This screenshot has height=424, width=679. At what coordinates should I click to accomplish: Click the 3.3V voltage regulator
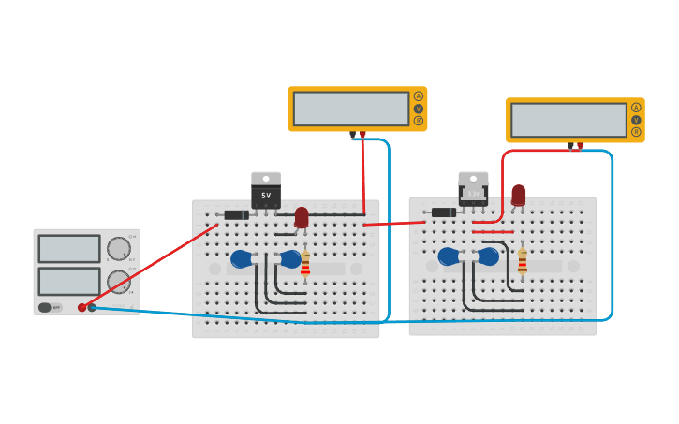pos(473,190)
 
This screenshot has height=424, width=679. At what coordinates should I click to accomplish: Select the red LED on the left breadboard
pos(302,217)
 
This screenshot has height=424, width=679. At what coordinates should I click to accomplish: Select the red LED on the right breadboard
pos(518,195)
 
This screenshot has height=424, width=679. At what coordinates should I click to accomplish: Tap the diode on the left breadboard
pos(237,214)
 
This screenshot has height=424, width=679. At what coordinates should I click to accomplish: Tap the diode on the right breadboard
pos(444,212)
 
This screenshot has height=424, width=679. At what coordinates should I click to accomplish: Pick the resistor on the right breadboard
pos(523,262)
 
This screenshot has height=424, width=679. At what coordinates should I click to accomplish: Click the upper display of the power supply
pos(69,249)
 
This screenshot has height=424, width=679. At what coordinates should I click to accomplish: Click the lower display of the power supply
pos(69,281)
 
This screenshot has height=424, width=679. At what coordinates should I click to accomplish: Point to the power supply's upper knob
pos(119,248)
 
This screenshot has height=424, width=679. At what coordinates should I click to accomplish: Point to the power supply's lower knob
pos(119,281)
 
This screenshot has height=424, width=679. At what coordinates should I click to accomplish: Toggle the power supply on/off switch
pos(45,307)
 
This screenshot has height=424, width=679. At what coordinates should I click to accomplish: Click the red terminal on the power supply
pos(82,307)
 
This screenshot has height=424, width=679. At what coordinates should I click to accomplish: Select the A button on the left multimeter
pos(419,96)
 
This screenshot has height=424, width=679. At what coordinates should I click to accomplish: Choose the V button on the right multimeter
pos(636,120)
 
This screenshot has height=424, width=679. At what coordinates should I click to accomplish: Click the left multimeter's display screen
pos(351,109)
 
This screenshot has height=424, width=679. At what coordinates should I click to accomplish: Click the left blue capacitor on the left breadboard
pos(241,258)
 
